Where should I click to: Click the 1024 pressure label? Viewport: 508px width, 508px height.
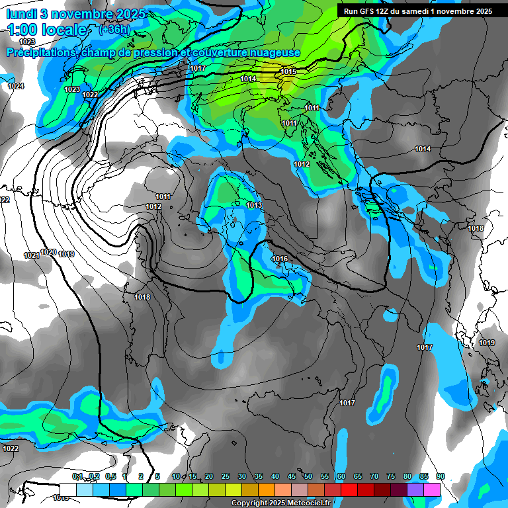[x=16, y=87]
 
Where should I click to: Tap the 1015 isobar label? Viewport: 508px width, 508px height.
[x=288, y=71]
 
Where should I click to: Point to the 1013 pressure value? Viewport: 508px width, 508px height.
[x=254, y=206]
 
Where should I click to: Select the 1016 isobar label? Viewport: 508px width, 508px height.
[x=280, y=259]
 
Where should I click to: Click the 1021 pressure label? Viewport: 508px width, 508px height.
[x=31, y=255]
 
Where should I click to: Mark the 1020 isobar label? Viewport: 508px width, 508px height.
[x=48, y=252]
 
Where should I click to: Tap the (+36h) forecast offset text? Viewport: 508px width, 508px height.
[x=114, y=30]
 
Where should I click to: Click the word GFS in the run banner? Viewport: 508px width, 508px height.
[x=370, y=11]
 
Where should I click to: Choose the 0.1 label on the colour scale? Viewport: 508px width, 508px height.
[x=78, y=476]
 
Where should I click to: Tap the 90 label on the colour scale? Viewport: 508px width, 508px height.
[x=440, y=476]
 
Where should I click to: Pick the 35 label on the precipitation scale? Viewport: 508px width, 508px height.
[x=259, y=476]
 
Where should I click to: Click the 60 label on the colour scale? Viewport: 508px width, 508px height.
[x=341, y=476]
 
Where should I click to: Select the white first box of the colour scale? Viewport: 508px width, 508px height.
[x=67, y=489]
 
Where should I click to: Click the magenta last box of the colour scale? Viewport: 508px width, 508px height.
[x=432, y=489]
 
